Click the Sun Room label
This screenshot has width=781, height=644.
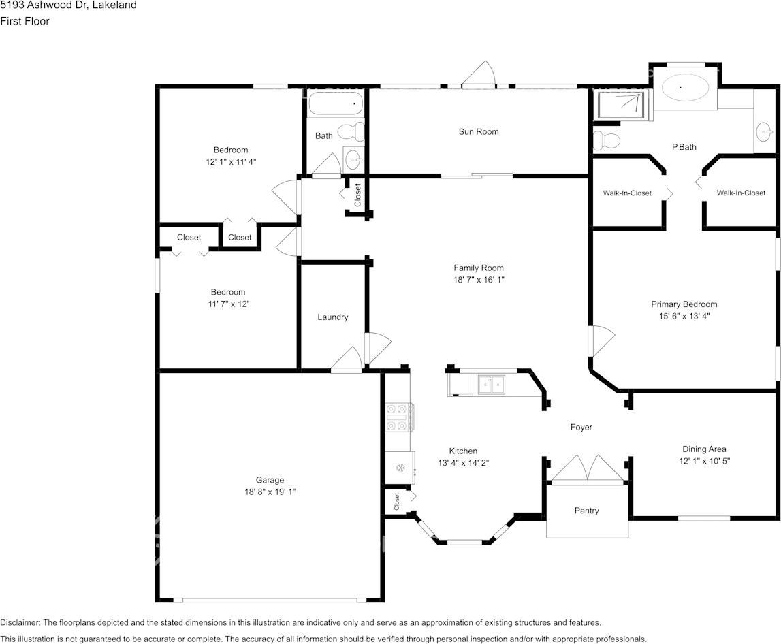click(x=478, y=131)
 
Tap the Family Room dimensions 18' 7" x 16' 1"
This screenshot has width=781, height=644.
click(x=479, y=280)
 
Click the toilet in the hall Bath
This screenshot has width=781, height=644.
click(x=351, y=132)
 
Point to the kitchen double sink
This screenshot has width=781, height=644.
click(x=491, y=385)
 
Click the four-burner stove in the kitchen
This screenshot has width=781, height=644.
click(x=398, y=417)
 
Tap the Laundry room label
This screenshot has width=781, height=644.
click(x=333, y=317)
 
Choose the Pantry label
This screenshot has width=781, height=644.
click(x=586, y=511)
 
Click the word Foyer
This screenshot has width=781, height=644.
click(x=581, y=427)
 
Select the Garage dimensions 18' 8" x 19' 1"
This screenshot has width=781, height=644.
click(x=270, y=492)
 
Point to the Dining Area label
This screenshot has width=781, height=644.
click(x=704, y=449)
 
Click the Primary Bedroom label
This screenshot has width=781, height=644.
click(x=684, y=304)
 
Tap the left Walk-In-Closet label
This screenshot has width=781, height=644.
click(x=627, y=193)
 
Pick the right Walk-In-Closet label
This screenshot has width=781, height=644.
click(x=741, y=193)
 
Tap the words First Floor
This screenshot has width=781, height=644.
click(x=25, y=21)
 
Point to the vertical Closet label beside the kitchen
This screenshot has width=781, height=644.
click(x=396, y=502)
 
